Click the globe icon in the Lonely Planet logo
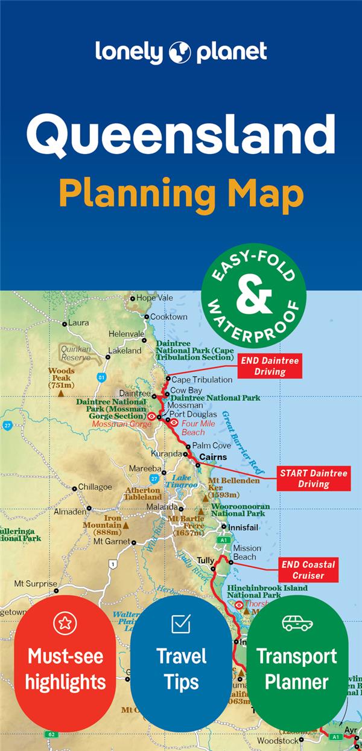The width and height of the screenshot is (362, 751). tap(180, 53)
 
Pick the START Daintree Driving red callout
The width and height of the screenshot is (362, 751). tap(313, 478)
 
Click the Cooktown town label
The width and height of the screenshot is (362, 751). tap(168, 316)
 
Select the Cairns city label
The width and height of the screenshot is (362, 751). tap(213, 457)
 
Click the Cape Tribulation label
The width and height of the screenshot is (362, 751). tap(202, 380)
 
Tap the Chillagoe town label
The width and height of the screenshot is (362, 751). tap(95, 487)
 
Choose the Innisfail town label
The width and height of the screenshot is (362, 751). tap(244, 526)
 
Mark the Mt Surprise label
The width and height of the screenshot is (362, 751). tap(36, 584)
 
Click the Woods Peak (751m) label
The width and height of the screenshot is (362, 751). tap(62, 378)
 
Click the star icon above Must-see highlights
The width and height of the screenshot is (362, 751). tap(65, 622)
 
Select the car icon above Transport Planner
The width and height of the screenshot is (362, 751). tap(297, 623)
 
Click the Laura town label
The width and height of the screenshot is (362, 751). tap(78, 323)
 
